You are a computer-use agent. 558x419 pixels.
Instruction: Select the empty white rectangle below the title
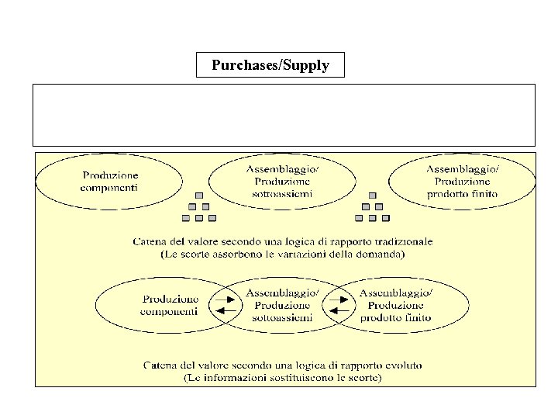(284, 115)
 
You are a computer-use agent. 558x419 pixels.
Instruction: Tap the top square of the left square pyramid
(199, 196)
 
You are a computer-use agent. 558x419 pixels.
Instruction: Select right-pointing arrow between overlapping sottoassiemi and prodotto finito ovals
(339, 299)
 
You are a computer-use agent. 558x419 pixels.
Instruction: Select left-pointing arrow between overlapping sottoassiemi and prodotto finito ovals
(339, 311)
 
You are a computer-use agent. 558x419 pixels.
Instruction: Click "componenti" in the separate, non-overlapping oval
(110, 187)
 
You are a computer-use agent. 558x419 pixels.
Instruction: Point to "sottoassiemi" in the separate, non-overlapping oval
(282, 193)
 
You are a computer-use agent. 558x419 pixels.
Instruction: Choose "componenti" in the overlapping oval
(169, 311)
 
